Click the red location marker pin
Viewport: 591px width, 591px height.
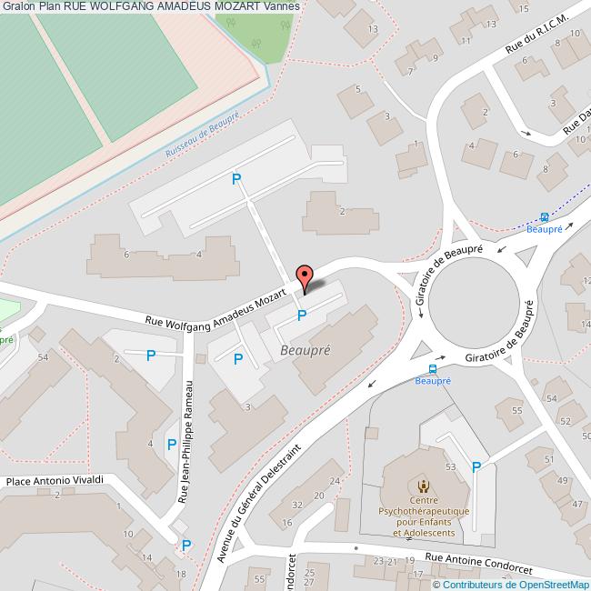pos(306,276)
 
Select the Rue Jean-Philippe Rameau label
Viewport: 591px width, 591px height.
pos(187,442)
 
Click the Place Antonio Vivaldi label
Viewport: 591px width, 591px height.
pos(55,480)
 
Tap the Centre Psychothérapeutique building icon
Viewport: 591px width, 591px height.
pos(421,483)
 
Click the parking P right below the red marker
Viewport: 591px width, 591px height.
pos(302,316)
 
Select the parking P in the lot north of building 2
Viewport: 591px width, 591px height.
pos(236,179)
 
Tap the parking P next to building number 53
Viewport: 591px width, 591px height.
pos(476,467)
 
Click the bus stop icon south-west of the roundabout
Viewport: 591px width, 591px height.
pos(432,368)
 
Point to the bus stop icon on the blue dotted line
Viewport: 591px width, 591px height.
pos(545,216)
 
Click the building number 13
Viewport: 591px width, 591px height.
pos(373,29)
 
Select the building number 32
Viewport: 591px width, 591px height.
pos(298,505)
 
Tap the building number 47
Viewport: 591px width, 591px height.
pos(576,504)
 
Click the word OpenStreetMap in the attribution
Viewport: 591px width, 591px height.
pos(551,585)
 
